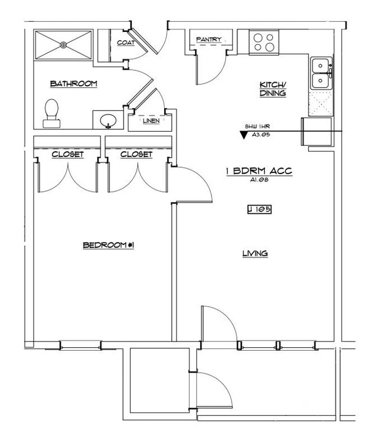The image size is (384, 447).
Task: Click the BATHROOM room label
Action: (73, 84)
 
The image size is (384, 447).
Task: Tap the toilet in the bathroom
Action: (52, 113)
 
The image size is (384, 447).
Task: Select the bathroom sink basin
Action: (108, 120)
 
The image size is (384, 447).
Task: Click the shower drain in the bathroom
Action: (64, 44)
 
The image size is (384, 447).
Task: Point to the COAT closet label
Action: (125, 43)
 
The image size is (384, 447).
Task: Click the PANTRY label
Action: (209, 40)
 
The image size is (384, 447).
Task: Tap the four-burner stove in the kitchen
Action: (263, 41)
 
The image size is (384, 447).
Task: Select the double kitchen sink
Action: (321, 73)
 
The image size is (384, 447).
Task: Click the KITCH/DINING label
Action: (272, 89)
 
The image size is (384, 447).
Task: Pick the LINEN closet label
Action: (151, 122)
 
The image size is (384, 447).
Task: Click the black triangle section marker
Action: (243, 135)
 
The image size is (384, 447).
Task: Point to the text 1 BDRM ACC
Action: (259, 171)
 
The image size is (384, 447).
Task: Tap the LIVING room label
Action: (255, 253)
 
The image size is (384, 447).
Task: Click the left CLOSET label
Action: (67, 155)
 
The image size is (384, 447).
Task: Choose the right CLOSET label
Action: (136, 155)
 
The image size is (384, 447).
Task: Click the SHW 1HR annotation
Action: (258, 126)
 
